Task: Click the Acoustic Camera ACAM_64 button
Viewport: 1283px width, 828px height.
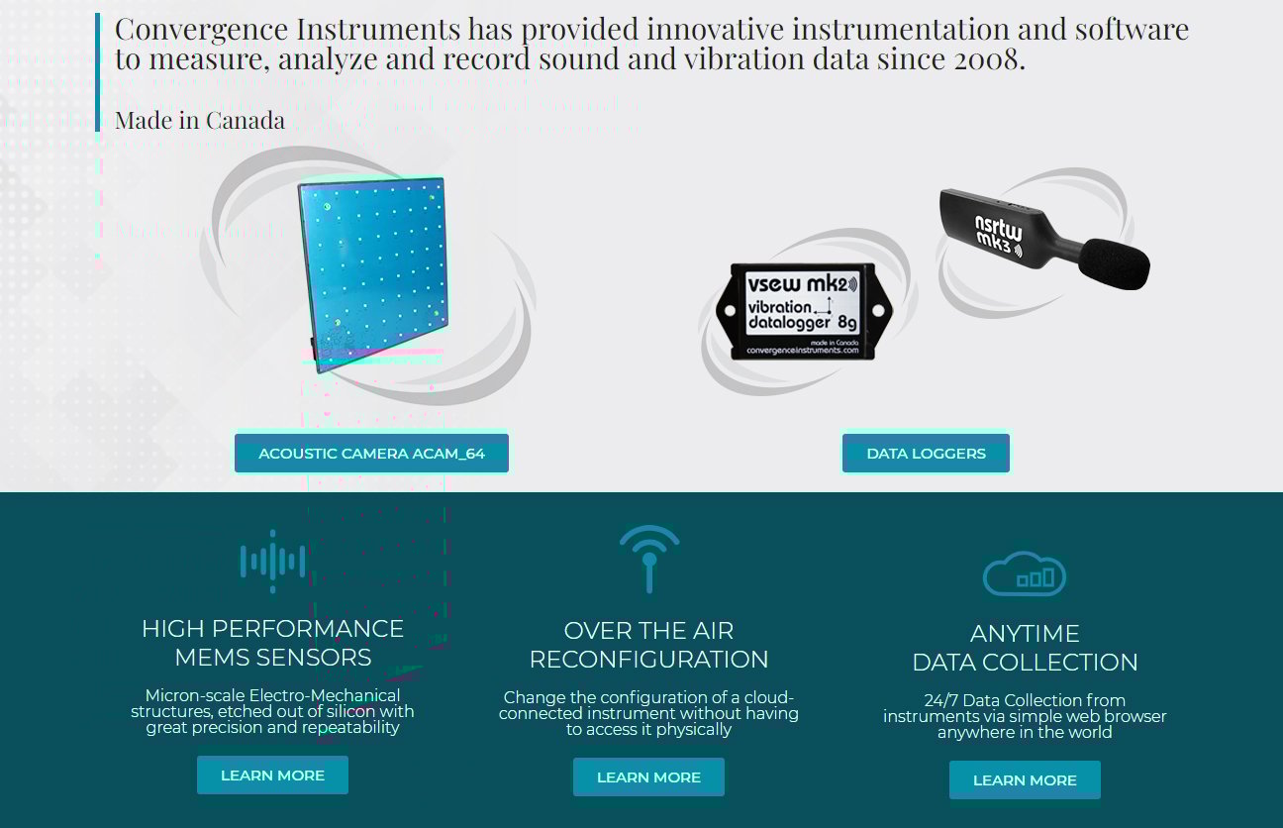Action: click(x=371, y=453)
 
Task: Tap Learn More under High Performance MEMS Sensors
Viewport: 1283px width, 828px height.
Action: click(x=272, y=775)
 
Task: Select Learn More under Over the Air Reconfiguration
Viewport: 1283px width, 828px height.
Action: click(x=648, y=776)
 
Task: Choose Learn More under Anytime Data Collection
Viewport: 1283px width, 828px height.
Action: click(x=1025, y=779)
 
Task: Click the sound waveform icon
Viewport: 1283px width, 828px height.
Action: click(x=272, y=562)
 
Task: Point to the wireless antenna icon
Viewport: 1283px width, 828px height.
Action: click(x=649, y=558)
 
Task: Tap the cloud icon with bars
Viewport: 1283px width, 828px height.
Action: click(x=1025, y=573)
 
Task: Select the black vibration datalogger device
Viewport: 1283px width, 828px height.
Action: click(x=801, y=311)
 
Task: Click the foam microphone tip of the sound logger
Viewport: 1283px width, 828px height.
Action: click(x=1114, y=261)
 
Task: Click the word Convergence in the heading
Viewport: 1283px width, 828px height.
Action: click(x=186, y=28)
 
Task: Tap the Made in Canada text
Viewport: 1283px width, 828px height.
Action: click(x=200, y=120)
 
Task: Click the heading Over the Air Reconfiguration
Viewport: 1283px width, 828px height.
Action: click(x=648, y=645)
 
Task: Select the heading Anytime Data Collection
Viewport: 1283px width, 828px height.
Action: click(x=1025, y=648)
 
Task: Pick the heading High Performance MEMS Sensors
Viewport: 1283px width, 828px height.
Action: click(x=272, y=643)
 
